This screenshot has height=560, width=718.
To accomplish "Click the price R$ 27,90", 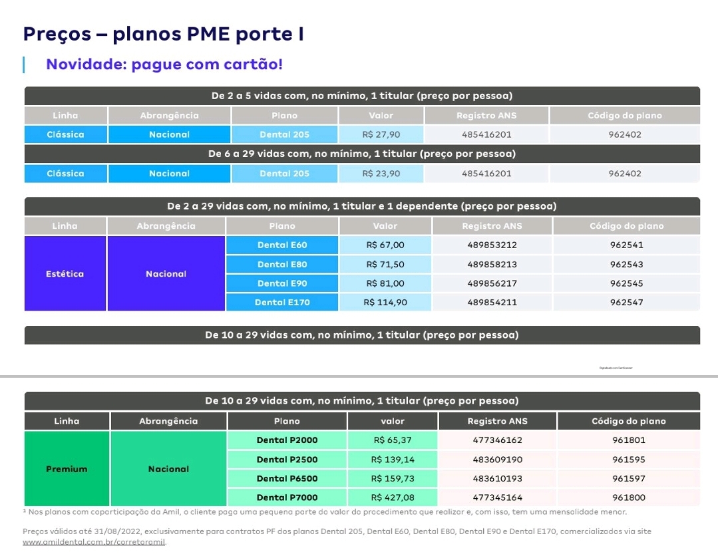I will point(381,134).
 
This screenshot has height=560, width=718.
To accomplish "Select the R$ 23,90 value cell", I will point(381,174).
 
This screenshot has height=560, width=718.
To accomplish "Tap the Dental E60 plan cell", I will point(282,245).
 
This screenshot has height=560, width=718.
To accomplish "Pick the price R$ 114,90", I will point(385,303).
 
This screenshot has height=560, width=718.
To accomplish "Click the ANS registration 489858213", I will point(492,265).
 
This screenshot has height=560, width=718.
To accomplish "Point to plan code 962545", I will point(626,283).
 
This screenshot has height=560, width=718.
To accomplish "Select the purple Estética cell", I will point(65,274).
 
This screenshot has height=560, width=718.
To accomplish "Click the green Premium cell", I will point(67,469).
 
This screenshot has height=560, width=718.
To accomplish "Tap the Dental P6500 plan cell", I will point(287,478).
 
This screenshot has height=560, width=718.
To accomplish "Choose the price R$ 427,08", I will point(393,497).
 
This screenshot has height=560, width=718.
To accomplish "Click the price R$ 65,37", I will point(393,440).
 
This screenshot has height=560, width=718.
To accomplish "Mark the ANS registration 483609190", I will point(497,460).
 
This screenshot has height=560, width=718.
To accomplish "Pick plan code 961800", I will point(629,497).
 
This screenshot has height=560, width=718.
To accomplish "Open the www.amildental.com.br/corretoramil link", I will point(94,542).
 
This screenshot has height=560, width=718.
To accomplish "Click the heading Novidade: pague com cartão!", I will point(164,65).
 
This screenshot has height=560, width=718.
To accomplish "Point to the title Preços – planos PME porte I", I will point(164,33).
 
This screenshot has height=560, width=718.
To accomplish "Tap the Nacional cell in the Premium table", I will point(168,469).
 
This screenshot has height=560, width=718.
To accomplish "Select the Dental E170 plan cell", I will point(282,303).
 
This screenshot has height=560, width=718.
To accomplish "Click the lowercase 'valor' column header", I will point(393,421).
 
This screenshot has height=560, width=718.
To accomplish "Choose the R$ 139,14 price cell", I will point(393,460).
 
